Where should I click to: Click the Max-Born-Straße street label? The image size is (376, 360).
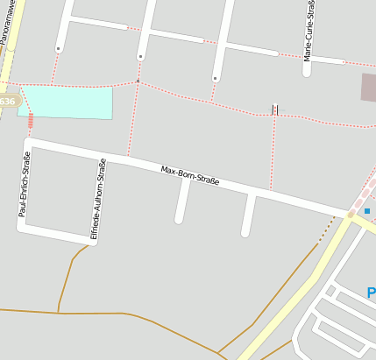pyautogui.click(x=190, y=176)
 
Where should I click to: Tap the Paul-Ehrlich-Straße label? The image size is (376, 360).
pyautogui.click(x=26, y=185)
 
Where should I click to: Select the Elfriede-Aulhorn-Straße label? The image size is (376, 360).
pyautogui.click(x=97, y=199)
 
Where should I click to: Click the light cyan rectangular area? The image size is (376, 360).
pyautogui.click(x=67, y=102)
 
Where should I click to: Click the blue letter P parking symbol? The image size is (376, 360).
pyautogui.click(x=371, y=293)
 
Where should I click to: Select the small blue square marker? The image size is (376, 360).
pyautogui.click(x=366, y=211)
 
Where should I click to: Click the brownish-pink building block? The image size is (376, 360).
pyautogui.click(x=368, y=87)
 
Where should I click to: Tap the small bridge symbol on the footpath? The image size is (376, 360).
pyautogui.click(x=275, y=109)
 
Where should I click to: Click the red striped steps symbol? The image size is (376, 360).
pyautogui.click(x=32, y=120)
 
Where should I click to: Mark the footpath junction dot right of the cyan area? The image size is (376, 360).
pyautogui.click(x=138, y=81)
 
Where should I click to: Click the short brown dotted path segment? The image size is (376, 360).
pyautogui.click(x=326, y=229)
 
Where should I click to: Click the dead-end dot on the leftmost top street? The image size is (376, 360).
pyautogui.click(x=58, y=49)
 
